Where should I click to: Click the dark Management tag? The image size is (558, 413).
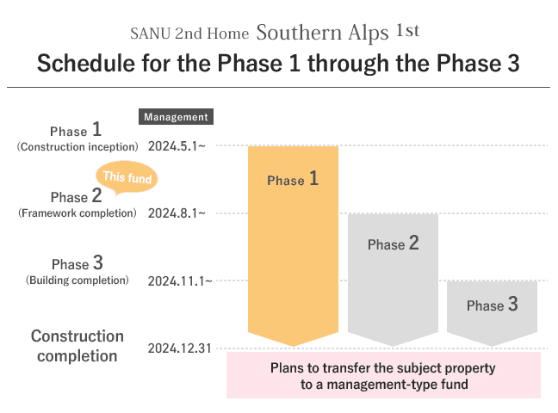click(x=176, y=117)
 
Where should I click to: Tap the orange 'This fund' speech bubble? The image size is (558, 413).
click(x=127, y=176)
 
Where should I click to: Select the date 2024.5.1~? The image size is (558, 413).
click(x=177, y=146)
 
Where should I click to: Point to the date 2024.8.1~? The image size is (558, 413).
click(x=177, y=213)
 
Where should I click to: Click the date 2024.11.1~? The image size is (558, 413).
click(x=180, y=281)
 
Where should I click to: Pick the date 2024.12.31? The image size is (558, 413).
click(x=180, y=348)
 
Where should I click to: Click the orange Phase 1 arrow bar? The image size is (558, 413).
click(x=293, y=245)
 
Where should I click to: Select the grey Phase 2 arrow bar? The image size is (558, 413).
click(x=393, y=280)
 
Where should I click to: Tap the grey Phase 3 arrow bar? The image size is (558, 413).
click(x=492, y=313)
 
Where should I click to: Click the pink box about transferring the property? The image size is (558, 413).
click(x=384, y=375)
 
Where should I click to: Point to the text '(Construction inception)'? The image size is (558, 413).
click(x=77, y=147)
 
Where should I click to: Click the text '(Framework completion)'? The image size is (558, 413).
click(x=77, y=213)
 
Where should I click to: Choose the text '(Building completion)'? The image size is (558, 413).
click(x=77, y=280)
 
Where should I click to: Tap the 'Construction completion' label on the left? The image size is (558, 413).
click(x=77, y=346)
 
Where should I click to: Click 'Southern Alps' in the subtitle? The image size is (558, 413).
click(x=322, y=33)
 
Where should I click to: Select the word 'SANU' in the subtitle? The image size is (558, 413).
click(x=151, y=34)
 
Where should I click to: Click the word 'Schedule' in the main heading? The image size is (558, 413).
click(x=86, y=64)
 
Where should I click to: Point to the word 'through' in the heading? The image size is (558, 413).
click(x=349, y=64)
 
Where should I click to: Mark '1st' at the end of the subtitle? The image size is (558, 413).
click(x=408, y=30)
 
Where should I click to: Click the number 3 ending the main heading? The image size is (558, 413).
click(x=513, y=64)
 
